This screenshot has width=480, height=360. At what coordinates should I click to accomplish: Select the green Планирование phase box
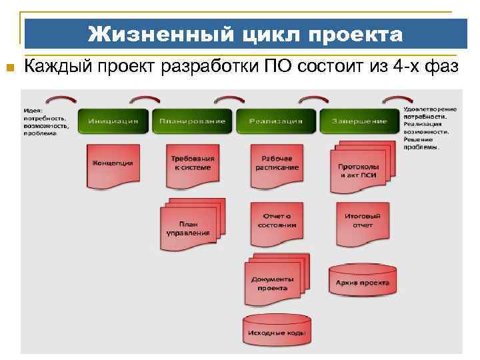click(x=192, y=121)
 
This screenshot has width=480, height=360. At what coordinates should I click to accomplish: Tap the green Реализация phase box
click(x=275, y=121)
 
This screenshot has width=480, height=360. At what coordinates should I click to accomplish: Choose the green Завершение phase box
click(x=359, y=121)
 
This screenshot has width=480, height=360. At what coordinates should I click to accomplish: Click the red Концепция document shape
click(x=112, y=163)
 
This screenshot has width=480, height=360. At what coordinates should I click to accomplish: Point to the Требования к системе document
click(x=193, y=164)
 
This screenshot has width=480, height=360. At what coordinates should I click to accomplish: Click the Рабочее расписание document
click(x=277, y=164)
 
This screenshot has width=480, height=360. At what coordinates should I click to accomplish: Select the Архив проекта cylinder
click(x=363, y=280)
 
